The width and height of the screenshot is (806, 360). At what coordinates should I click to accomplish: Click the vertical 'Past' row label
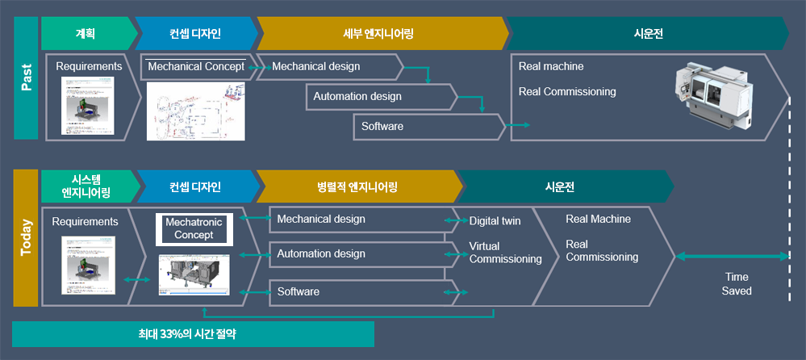click(x=26, y=79)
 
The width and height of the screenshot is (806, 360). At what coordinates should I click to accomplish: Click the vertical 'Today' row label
click(x=26, y=239)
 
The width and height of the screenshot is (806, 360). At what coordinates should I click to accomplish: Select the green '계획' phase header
click(x=85, y=34)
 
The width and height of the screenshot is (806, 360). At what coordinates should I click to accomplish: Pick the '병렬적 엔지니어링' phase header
click(x=357, y=186)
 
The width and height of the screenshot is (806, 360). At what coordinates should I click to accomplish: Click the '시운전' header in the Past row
click(x=649, y=34)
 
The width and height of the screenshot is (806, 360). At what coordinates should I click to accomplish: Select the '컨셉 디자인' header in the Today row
click(x=194, y=186)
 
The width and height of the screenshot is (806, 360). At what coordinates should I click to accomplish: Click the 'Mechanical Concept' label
click(x=195, y=66)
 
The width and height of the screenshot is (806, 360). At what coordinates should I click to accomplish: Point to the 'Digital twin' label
click(x=495, y=220)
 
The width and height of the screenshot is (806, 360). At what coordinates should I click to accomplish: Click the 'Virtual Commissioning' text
click(x=505, y=252)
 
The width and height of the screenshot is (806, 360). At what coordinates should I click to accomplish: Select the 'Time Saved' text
click(x=737, y=283)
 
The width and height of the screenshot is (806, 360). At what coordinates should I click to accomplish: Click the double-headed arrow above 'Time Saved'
click(x=732, y=257)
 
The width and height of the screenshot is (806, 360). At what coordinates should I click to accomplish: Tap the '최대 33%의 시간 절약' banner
click(x=193, y=333)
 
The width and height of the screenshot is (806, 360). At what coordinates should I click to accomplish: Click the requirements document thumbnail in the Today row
click(x=89, y=265)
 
